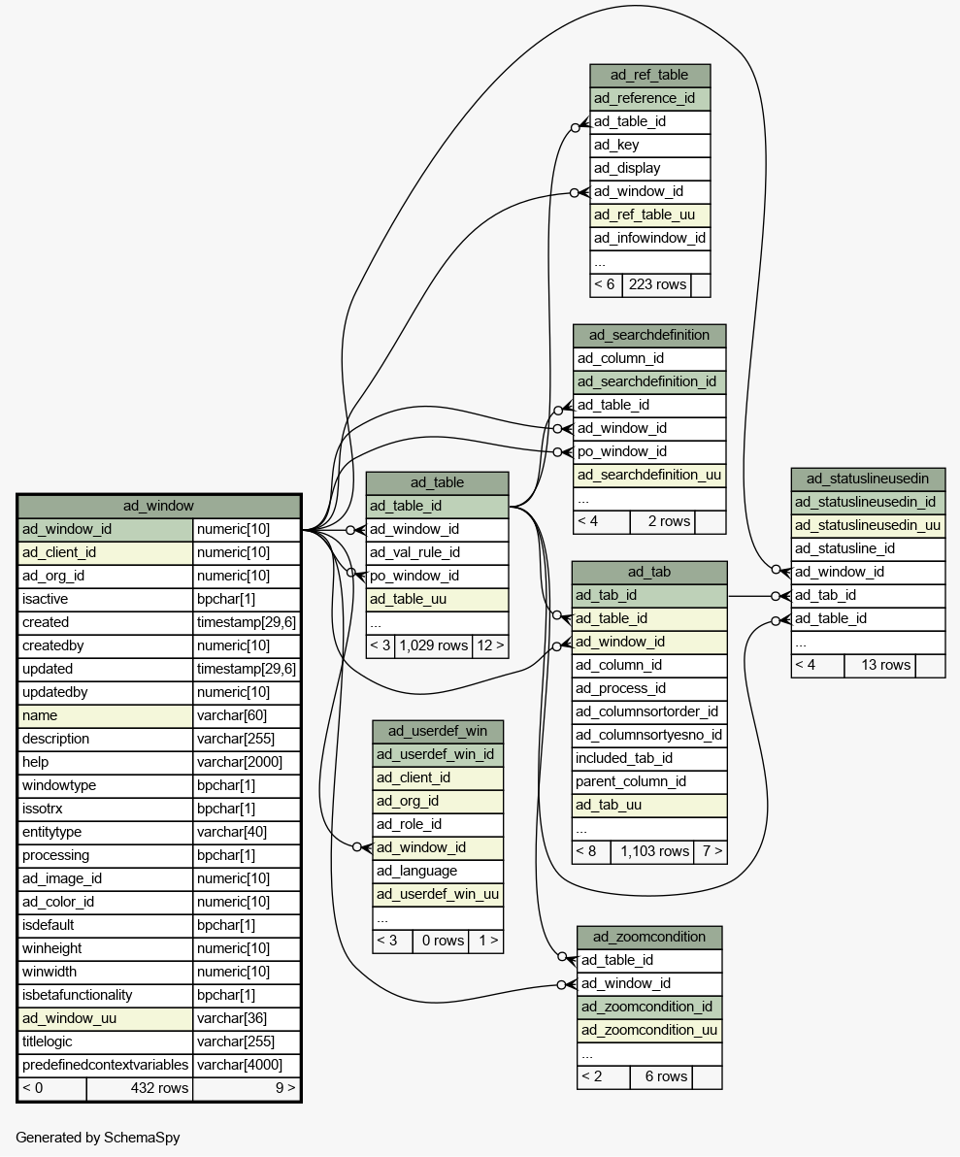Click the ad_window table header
point(158,506)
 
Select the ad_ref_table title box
point(649,75)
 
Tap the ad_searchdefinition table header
point(649,335)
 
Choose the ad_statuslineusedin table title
point(868,479)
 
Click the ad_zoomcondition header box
point(649,937)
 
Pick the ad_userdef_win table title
point(438,731)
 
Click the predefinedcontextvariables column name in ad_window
point(105,1065)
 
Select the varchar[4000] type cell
point(247,1065)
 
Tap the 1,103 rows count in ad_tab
point(654,851)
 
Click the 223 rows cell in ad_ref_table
point(657,284)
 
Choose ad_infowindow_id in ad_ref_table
point(649,238)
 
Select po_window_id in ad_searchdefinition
point(622,451)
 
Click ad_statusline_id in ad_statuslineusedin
point(844,548)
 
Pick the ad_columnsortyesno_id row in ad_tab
point(648,735)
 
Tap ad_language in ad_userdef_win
point(416,871)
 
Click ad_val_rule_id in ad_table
point(414,552)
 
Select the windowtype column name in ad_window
point(59,785)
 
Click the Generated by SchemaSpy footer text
point(98,1137)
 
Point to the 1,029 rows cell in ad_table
point(433,645)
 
